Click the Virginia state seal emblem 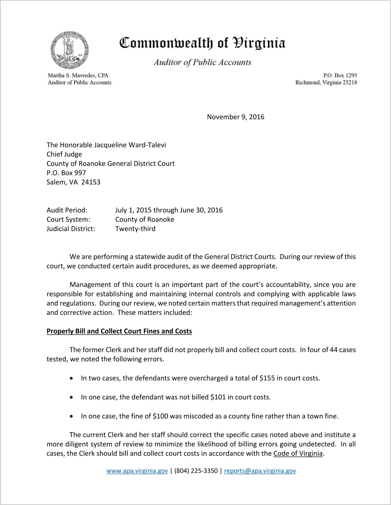point(70,50)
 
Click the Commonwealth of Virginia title point(202,43)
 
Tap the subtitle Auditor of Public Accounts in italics point(202,62)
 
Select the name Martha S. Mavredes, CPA point(78,75)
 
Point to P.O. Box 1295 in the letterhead point(340,75)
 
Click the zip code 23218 point(350,82)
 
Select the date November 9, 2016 point(236,117)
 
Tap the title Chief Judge point(64,154)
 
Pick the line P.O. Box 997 point(66,173)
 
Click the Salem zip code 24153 point(91,182)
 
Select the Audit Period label point(67,210)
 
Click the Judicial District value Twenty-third point(135,229)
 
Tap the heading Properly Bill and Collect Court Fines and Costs point(119,331)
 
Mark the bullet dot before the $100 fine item point(71,416)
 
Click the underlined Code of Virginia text point(298,453)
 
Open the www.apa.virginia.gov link point(137,471)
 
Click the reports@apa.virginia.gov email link point(260,471)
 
